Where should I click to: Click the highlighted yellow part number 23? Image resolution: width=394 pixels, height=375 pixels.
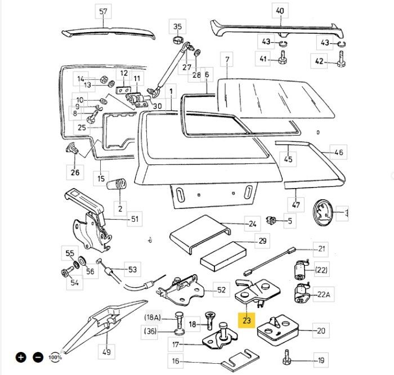247,320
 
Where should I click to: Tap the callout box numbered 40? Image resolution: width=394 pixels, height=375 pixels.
280,11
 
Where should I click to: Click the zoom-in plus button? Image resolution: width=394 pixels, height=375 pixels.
20,357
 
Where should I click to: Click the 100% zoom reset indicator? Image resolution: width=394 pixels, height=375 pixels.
55,357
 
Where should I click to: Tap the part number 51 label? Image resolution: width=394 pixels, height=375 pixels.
134,219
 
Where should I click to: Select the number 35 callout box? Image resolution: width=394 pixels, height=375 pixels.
178,26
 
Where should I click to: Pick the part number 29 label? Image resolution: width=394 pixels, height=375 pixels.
262,241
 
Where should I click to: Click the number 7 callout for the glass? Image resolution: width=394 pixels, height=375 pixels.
227,59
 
